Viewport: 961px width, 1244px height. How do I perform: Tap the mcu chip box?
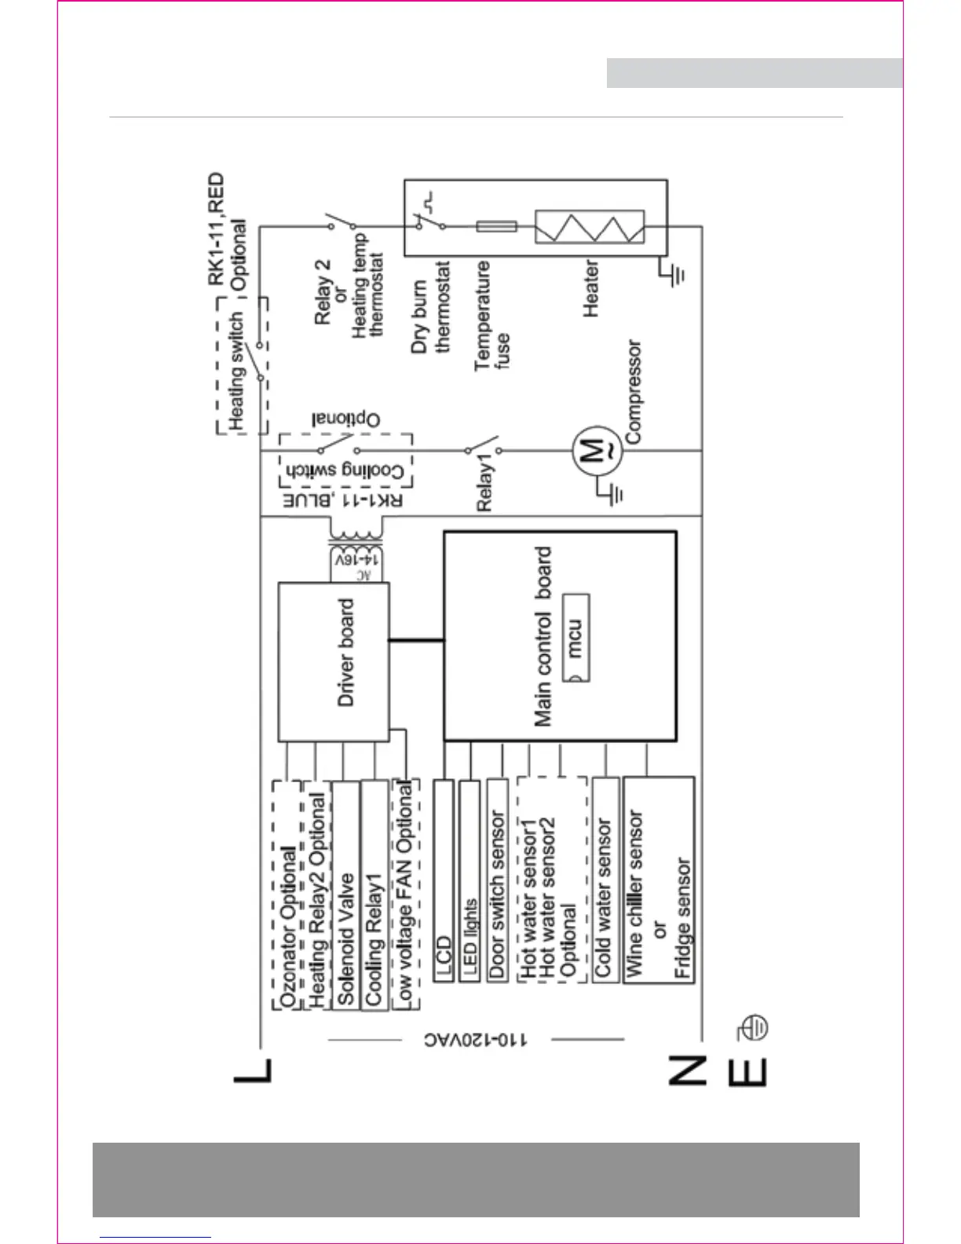click(x=576, y=638)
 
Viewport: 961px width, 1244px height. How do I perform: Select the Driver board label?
click(x=346, y=653)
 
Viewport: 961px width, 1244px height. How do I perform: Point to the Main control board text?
click(x=543, y=636)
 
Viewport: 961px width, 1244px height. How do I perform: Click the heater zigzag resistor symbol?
click(x=590, y=227)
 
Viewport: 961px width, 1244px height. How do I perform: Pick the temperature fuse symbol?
click(x=496, y=226)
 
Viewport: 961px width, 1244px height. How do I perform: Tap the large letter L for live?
click(x=254, y=1071)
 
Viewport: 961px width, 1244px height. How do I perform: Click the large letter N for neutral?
click(x=685, y=1071)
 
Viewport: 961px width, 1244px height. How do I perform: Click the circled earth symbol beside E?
click(x=753, y=1027)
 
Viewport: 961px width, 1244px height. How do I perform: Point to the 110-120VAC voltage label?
click(x=476, y=1040)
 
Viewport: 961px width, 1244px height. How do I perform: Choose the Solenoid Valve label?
click(x=345, y=938)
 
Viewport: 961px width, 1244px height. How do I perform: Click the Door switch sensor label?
click(x=497, y=895)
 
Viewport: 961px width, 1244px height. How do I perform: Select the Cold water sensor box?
click(x=605, y=880)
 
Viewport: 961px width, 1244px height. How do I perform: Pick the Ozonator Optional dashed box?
click(x=287, y=895)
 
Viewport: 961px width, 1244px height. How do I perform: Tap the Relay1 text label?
click(x=484, y=487)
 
